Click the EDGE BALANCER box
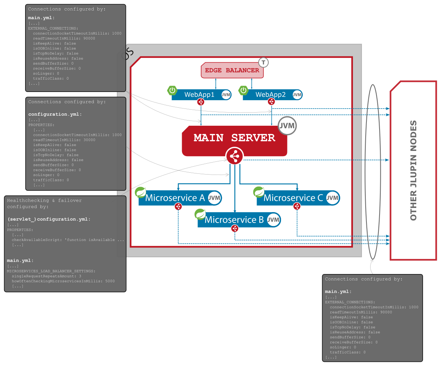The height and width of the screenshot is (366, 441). click(232, 71)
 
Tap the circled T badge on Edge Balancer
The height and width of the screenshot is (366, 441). click(263, 62)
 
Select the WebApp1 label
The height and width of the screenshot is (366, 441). click(199, 95)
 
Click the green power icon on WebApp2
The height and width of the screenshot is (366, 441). click(244, 90)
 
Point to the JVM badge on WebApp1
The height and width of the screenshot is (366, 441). click(226, 95)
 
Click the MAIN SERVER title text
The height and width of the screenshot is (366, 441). click(235, 138)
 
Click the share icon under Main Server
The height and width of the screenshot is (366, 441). click(235, 155)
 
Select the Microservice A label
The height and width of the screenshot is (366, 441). click(175, 198)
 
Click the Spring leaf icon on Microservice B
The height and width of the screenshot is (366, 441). click(200, 214)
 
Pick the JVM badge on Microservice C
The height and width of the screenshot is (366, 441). click(332, 198)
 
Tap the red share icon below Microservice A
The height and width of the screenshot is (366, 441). click(178, 206)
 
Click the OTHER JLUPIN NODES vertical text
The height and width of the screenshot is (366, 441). click(413, 170)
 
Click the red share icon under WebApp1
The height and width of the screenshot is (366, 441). click(201, 102)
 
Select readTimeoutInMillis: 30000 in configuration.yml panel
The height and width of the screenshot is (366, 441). click(64, 140)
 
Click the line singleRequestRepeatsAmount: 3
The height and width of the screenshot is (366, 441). click(46, 276)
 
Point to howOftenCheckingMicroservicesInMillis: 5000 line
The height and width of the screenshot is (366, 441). click(63, 281)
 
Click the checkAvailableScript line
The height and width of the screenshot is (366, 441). click(68, 239)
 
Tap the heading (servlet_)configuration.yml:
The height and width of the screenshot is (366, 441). click(49, 219)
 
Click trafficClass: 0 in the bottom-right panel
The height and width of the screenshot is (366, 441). click(347, 352)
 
